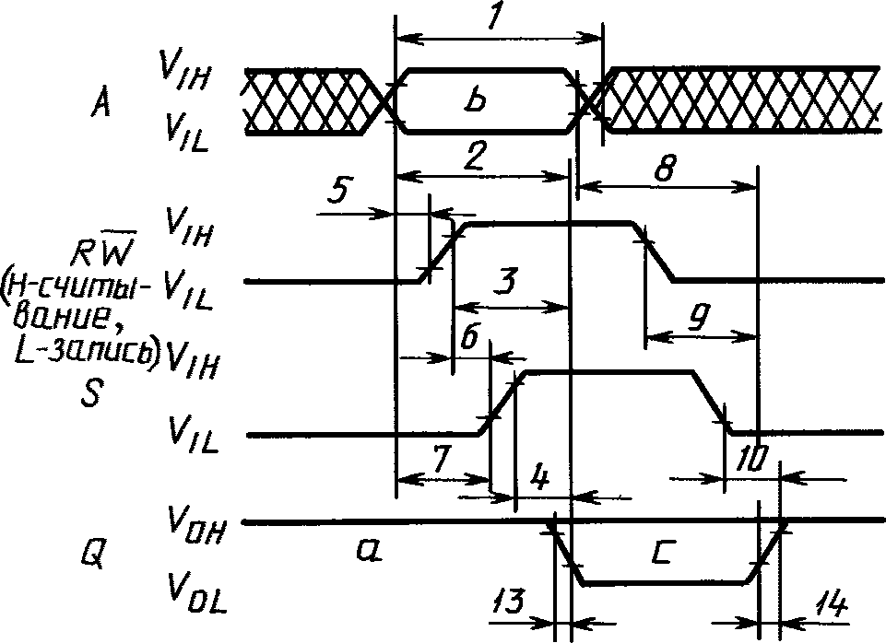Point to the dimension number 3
pos(506,281)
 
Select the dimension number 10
pos(751,460)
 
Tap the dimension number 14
pos(831,606)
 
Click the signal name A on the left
pos(100,103)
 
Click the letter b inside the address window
pos(477,101)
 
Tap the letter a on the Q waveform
pos(370,549)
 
